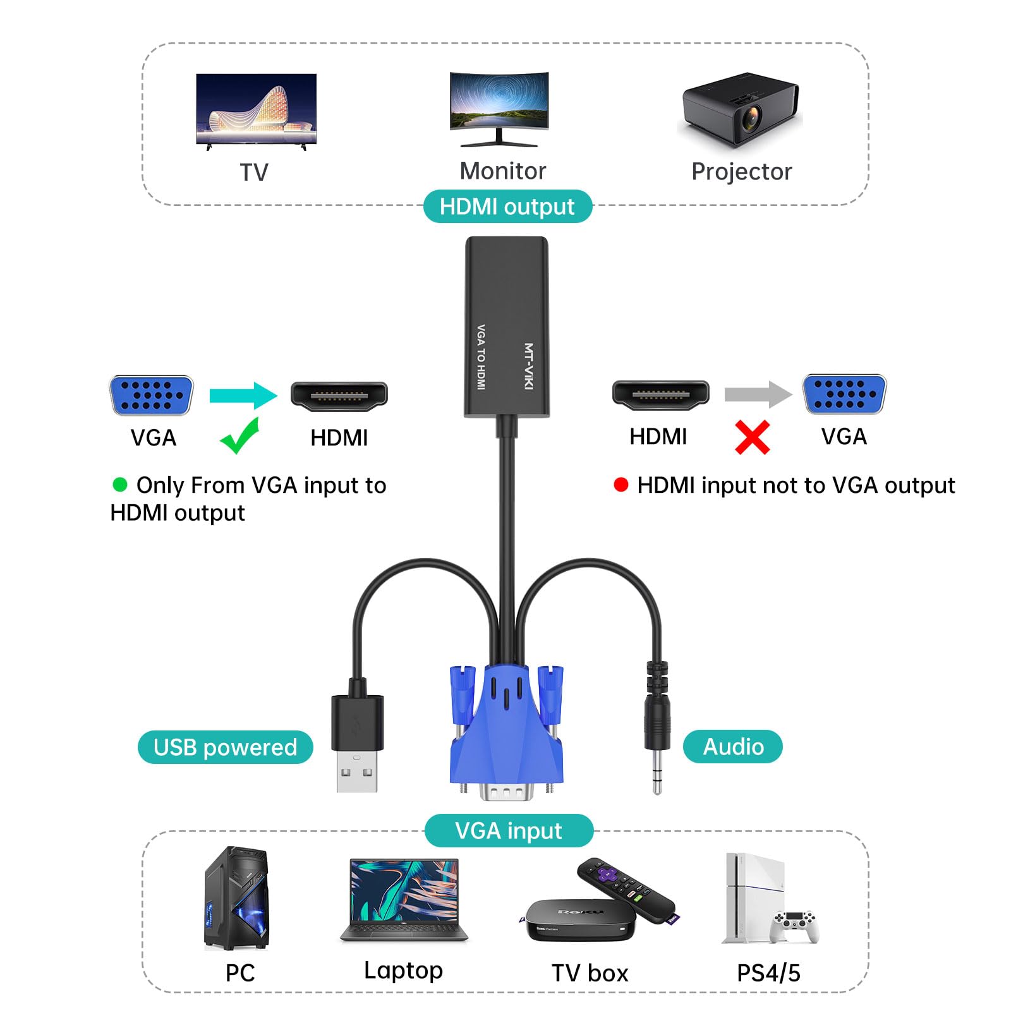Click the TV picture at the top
click(x=256, y=109)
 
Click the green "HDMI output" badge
click(x=507, y=207)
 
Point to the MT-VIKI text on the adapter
click(x=529, y=366)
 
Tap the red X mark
click(x=752, y=437)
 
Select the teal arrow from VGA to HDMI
click(x=243, y=396)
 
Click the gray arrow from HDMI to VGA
click(x=757, y=394)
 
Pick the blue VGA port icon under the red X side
click(x=844, y=394)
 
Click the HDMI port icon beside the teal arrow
click(x=339, y=395)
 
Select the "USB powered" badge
click(x=225, y=748)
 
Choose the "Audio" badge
click(x=733, y=747)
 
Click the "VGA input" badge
click(x=509, y=831)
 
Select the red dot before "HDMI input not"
click(x=621, y=485)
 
